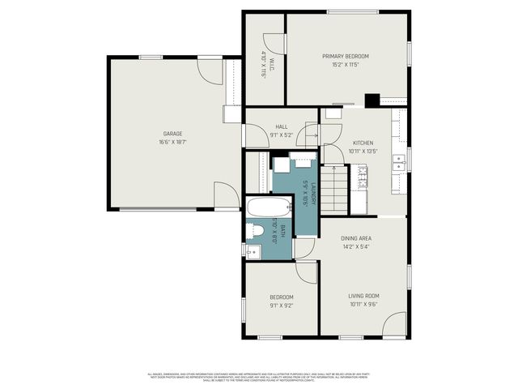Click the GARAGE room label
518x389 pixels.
[x=172, y=134]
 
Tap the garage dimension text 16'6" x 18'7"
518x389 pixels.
[x=172, y=142]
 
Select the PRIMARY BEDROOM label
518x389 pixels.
[x=346, y=56]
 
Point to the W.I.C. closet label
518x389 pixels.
[x=264, y=57]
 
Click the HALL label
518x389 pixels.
[x=282, y=126]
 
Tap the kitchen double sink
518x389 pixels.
[x=398, y=165]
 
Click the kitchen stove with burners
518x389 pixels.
[x=362, y=177]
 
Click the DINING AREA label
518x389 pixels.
[x=356, y=237]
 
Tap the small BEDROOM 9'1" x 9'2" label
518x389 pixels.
[x=282, y=298]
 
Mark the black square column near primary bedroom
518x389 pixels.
[x=372, y=100]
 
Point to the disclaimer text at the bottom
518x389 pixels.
[x=259, y=377]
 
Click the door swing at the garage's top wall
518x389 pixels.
[x=210, y=71]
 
